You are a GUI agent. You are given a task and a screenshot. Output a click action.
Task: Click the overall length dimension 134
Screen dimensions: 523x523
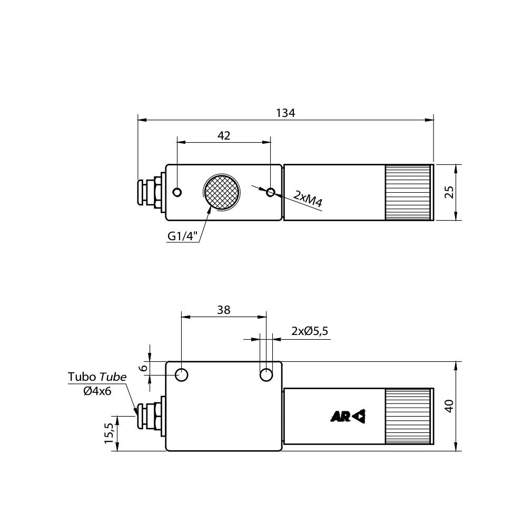tap(285, 113)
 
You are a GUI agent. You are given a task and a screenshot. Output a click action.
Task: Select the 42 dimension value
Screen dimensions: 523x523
tap(224, 135)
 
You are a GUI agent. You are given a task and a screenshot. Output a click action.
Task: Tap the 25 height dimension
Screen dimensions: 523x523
tap(449, 192)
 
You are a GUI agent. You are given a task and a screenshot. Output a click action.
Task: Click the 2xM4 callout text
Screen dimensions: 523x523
tap(308, 198)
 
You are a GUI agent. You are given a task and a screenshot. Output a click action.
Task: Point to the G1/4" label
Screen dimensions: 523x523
tap(182, 236)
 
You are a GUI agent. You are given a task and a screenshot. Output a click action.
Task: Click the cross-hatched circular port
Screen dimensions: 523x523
tap(222, 192)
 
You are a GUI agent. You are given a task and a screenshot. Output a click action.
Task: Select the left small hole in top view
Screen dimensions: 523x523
tap(177, 192)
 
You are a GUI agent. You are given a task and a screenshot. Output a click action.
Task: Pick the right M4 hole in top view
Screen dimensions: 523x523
tap(271, 192)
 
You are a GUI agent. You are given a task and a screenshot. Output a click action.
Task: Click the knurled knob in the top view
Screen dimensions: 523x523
tap(409, 192)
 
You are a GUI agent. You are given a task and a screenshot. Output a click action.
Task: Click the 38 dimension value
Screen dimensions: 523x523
tap(224, 310)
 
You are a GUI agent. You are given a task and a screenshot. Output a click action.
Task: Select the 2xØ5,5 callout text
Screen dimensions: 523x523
tap(310, 331)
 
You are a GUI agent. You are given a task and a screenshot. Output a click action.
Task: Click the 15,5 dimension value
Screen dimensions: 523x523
tap(109, 433)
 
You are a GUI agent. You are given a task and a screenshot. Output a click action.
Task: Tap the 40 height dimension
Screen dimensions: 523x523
tap(449, 406)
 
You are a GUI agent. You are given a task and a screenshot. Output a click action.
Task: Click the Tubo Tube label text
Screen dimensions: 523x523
tap(97, 377)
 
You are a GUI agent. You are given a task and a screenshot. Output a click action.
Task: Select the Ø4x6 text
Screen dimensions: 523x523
tap(97, 391)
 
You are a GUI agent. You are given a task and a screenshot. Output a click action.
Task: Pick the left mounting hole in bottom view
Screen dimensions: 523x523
tap(182, 375)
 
